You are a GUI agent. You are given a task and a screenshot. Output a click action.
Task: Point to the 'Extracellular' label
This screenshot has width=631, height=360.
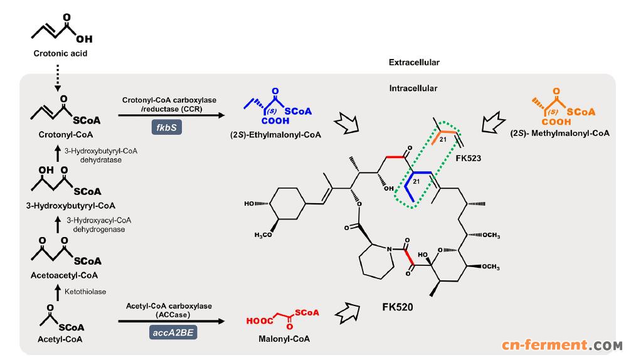414,63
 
